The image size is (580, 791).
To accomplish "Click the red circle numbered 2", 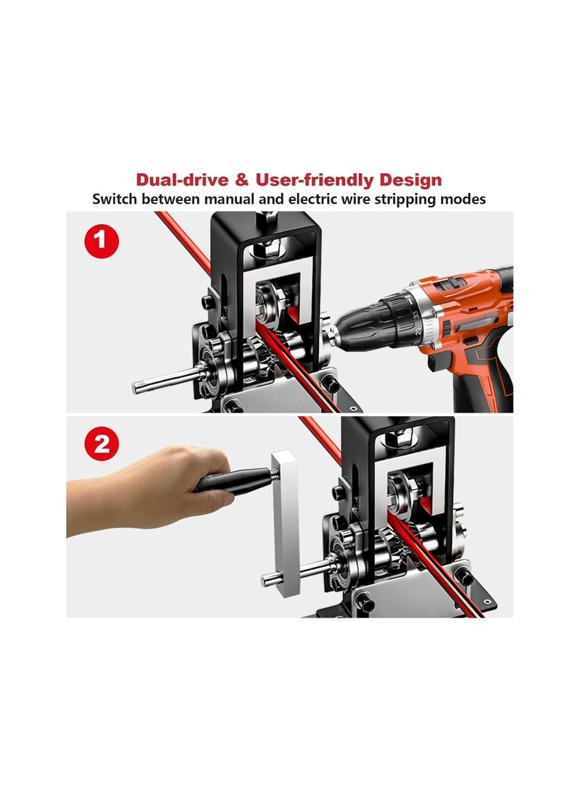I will (x=102, y=444).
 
